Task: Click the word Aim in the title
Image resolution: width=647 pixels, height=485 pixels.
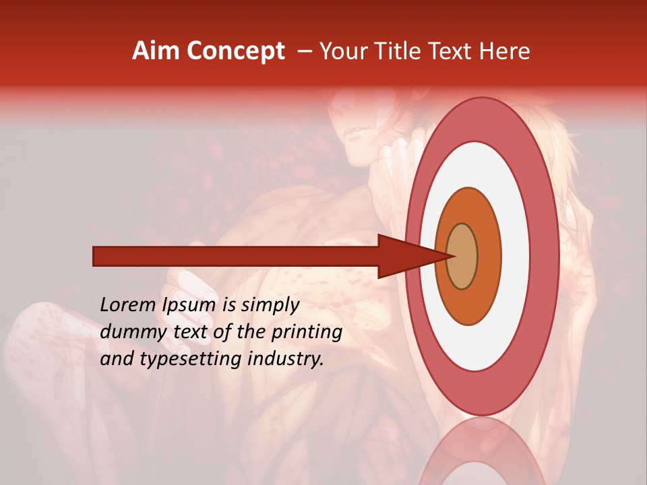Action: pos(156,51)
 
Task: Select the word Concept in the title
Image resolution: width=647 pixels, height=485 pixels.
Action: pos(236,52)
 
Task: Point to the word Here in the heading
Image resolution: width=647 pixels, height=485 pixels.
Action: pos(503,51)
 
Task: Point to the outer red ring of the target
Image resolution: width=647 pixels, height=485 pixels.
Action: pos(547,256)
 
